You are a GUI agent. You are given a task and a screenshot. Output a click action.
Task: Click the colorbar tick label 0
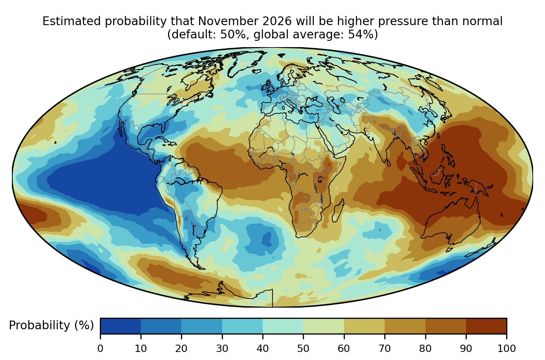click(100, 348)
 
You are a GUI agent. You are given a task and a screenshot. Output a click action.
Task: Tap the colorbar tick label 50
click(303, 348)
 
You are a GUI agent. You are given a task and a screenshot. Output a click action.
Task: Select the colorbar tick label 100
click(507, 348)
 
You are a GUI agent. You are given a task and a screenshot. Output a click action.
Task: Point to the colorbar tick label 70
click(385, 348)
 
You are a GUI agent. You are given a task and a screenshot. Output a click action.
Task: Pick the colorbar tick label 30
click(222, 348)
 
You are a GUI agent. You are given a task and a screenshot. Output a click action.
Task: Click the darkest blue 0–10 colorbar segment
click(121, 326)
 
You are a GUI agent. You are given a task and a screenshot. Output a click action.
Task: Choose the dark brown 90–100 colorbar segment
click(486, 326)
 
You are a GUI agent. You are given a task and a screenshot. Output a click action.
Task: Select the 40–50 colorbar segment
click(283, 326)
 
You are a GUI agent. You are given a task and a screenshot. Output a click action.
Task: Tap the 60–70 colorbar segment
click(364, 326)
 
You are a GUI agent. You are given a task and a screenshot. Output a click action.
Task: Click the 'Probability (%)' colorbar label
click(51, 325)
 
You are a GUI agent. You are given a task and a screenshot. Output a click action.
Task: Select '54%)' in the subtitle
click(363, 35)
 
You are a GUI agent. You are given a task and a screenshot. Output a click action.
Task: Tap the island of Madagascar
click(338, 211)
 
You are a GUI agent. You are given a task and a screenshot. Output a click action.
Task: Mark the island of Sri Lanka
click(388, 163)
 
